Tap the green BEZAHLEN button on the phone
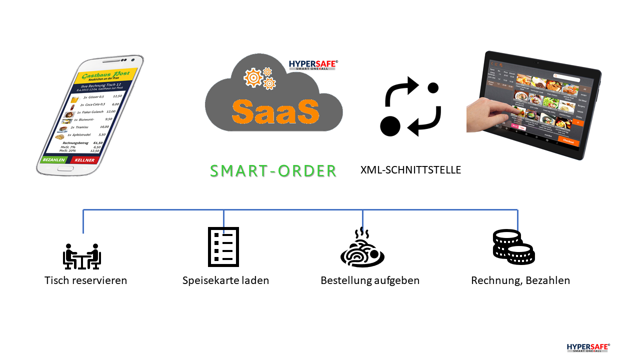tap(54, 160)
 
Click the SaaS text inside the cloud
tap(275, 111)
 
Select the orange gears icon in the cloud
tap(259, 78)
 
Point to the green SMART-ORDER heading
tap(273, 170)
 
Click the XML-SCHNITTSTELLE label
tap(410, 170)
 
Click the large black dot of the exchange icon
tap(390, 125)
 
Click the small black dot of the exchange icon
tap(433, 87)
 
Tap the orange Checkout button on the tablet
tap(568, 141)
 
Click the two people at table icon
tap(82, 256)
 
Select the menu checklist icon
tap(223, 246)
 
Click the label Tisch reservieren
tap(85, 280)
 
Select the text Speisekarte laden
tap(225, 280)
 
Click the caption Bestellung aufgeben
tap(370, 280)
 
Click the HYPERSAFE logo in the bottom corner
tap(588, 347)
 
